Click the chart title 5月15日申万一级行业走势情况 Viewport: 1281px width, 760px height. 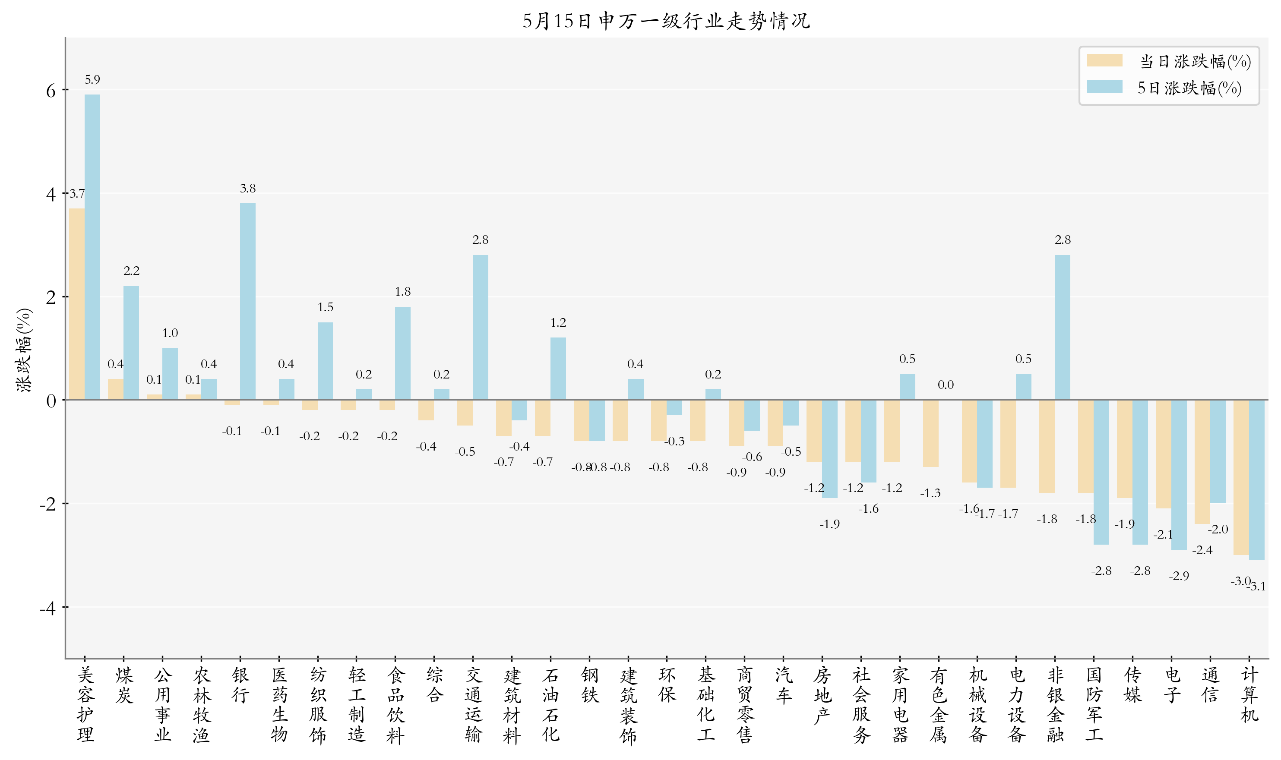(666, 21)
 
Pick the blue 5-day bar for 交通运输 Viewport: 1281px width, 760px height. (480, 327)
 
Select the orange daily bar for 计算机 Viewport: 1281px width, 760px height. (1240, 477)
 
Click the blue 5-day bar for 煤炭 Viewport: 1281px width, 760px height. (131, 343)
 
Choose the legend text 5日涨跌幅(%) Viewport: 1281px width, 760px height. (1189, 88)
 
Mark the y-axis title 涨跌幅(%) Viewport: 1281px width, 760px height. (25, 350)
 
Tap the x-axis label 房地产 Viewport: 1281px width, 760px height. (822, 695)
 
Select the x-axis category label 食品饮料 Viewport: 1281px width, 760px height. (395, 705)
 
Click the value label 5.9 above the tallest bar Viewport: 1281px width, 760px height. (92, 79)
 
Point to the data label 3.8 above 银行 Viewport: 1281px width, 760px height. (247, 189)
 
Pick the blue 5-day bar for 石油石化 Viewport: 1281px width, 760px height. (558, 368)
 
